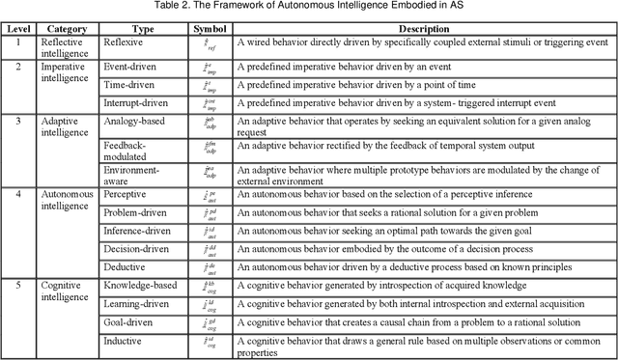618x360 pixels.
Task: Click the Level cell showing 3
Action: (16, 122)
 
